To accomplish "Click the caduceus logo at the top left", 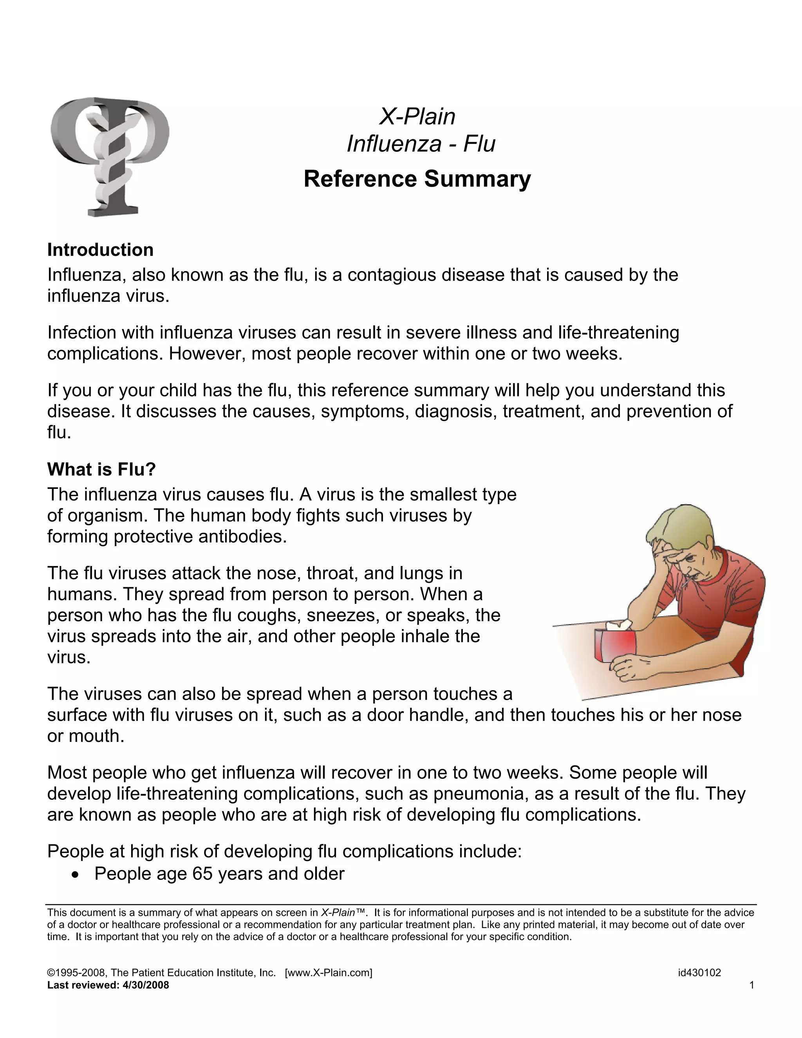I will point(110,157).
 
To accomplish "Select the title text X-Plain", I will point(417,116).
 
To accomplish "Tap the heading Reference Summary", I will point(417,179).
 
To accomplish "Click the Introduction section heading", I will point(100,250).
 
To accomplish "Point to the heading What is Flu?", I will point(102,470).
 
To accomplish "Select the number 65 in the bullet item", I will point(203,873).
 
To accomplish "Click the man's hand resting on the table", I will point(628,670).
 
